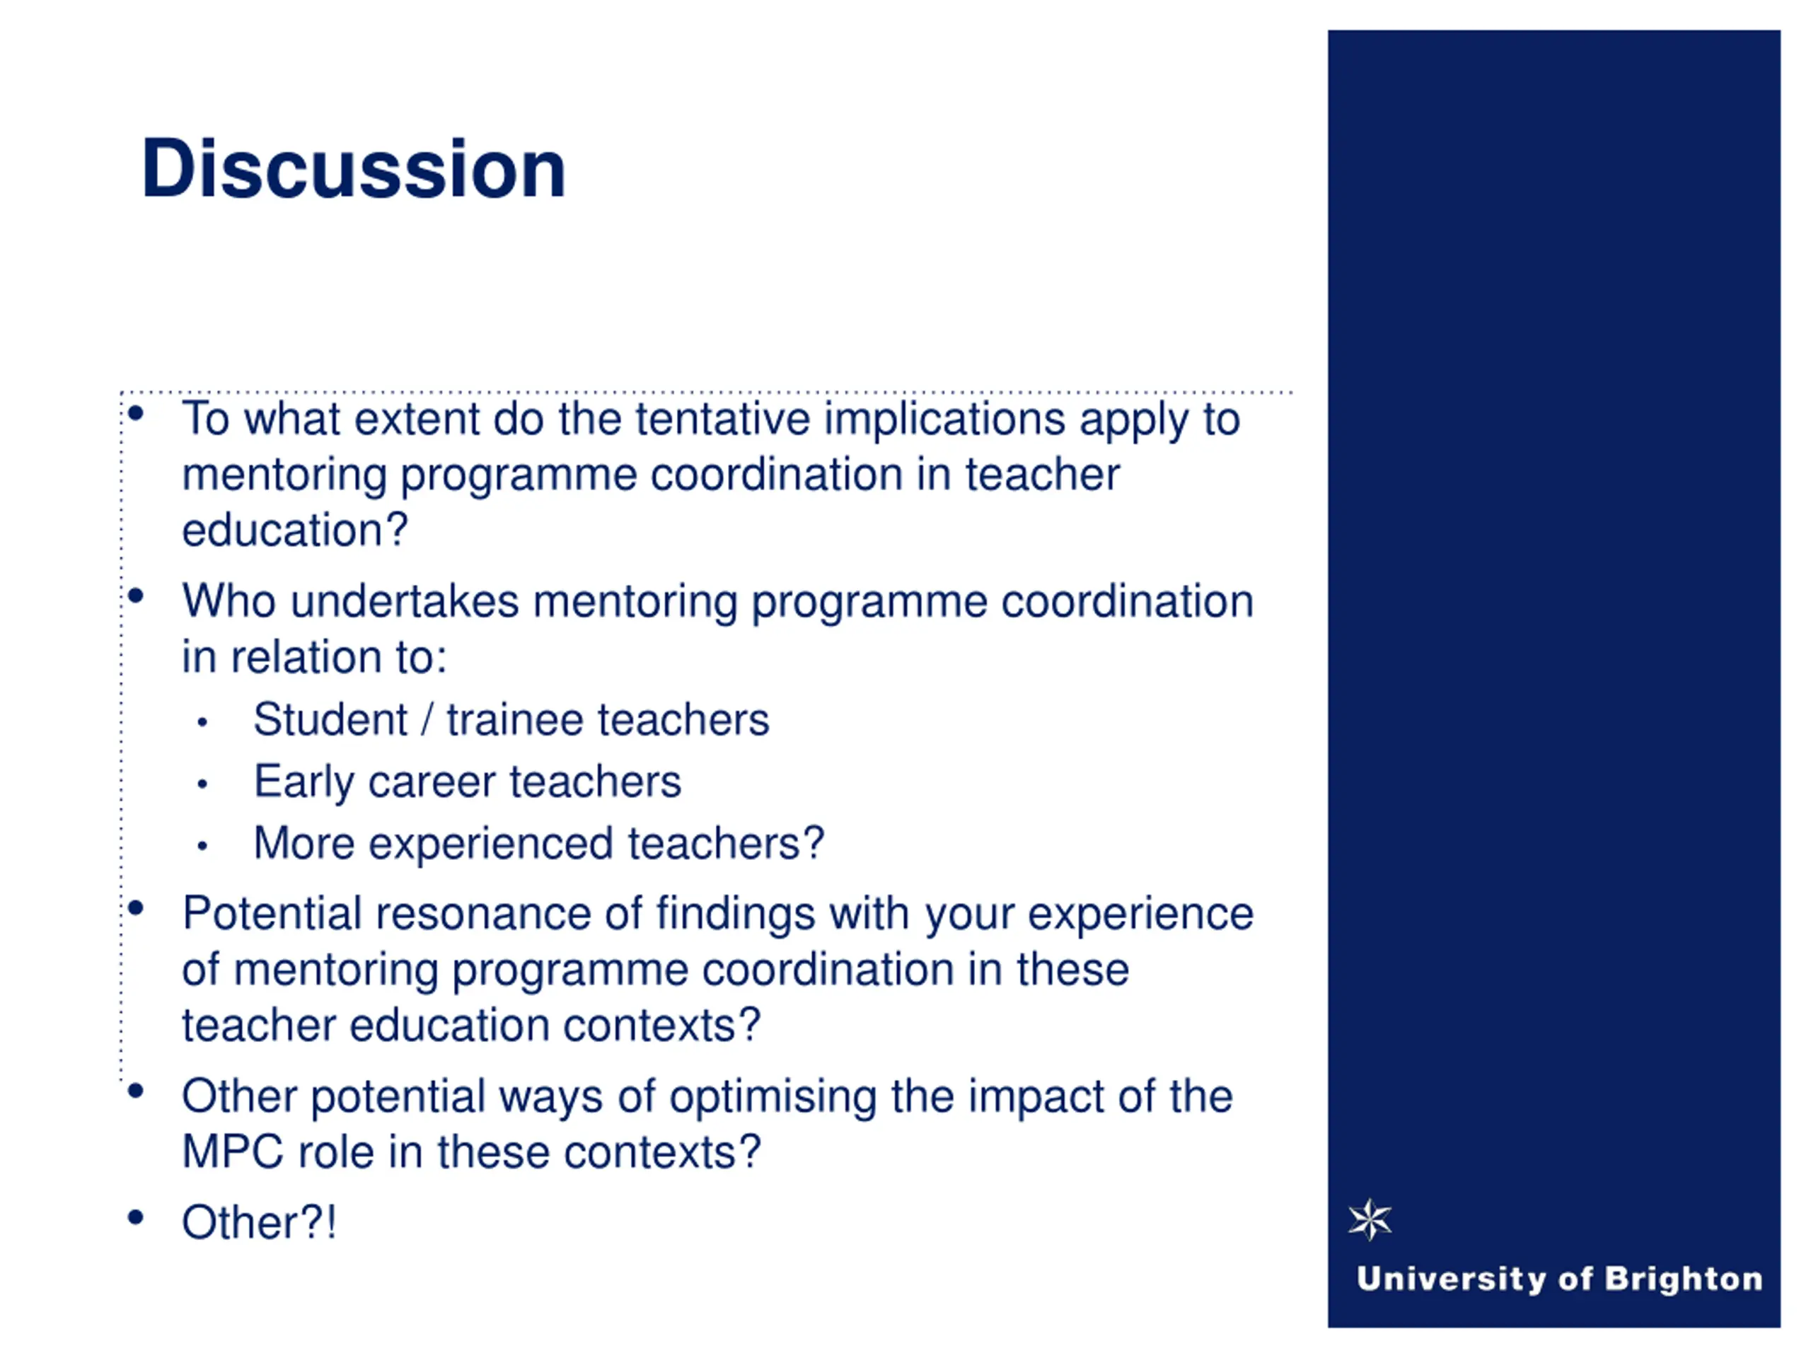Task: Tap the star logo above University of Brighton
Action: click(1370, 1219)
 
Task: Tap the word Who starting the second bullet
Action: click(228, 602)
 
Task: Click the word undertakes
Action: click(405, 602)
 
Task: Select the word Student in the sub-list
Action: click(330, 720)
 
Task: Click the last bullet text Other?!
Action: click(259, 1223)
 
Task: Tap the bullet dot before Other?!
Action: click(136, 1217)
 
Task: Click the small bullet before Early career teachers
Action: click(202, 784)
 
